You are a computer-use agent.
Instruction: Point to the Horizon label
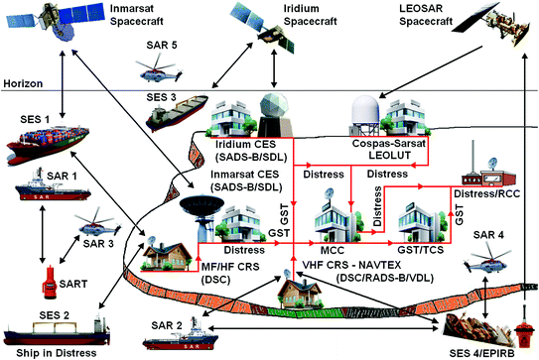click(x=21, y=83)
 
